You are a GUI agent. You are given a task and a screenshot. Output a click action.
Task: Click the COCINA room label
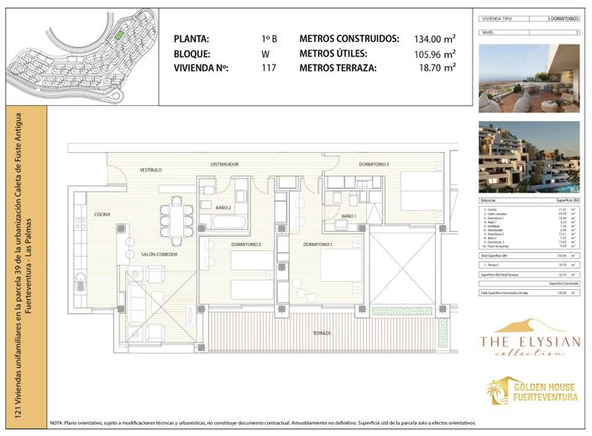coord(103,215)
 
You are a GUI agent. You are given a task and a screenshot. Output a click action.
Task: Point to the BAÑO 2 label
coord(223,207)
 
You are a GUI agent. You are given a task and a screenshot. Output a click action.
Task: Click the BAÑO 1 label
coord(349,217)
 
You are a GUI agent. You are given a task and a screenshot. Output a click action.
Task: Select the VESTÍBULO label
coord(150,170)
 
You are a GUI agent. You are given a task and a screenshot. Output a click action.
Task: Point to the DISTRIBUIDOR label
coord(225,164)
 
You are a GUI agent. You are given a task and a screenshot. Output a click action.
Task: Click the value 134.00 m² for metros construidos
coord(434,39)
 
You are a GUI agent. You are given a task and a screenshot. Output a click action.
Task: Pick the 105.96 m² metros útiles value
coord(434,54)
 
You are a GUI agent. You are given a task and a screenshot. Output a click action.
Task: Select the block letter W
coord(265,54)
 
